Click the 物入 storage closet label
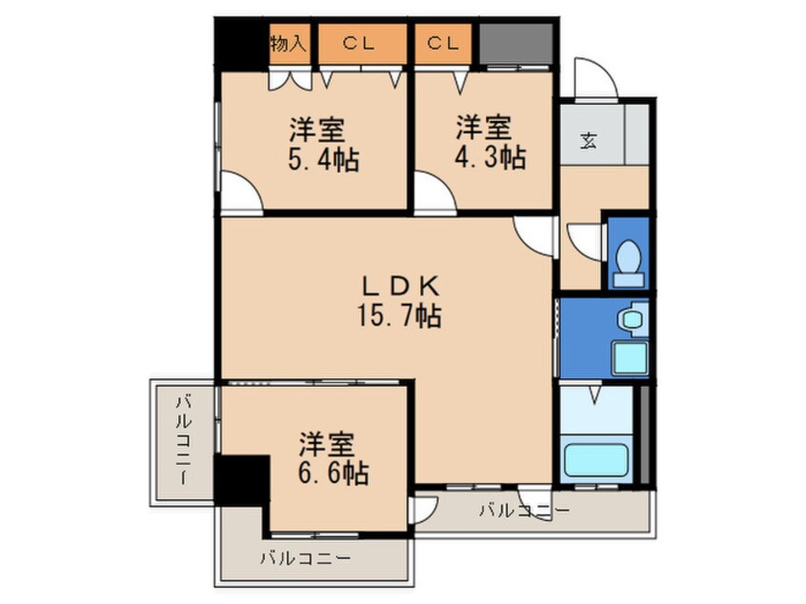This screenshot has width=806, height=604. point(289,44)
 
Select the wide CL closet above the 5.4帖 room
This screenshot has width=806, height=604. point(362,44)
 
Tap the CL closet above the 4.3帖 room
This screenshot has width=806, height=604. point(443,44)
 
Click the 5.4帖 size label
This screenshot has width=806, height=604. point(323,159)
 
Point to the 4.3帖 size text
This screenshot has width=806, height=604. point(490,157)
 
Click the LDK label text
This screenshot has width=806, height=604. point(400,286)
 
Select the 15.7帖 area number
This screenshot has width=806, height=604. point(399,316)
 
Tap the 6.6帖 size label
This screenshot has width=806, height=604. point(333,473)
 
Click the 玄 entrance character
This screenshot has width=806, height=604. point(589,140)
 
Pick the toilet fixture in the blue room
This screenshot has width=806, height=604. point(628,263)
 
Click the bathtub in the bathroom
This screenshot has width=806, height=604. point(596,460)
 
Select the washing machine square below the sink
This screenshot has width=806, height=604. point(630,358)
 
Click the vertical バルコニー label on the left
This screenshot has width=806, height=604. point(184,440)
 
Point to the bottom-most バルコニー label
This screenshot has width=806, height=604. point(305,557)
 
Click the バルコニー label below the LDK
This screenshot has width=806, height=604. point(525,511)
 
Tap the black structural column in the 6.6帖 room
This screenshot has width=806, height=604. point(242,481)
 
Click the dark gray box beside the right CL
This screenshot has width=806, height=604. point(516,44)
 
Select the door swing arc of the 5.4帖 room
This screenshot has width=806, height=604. point(247,185)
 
